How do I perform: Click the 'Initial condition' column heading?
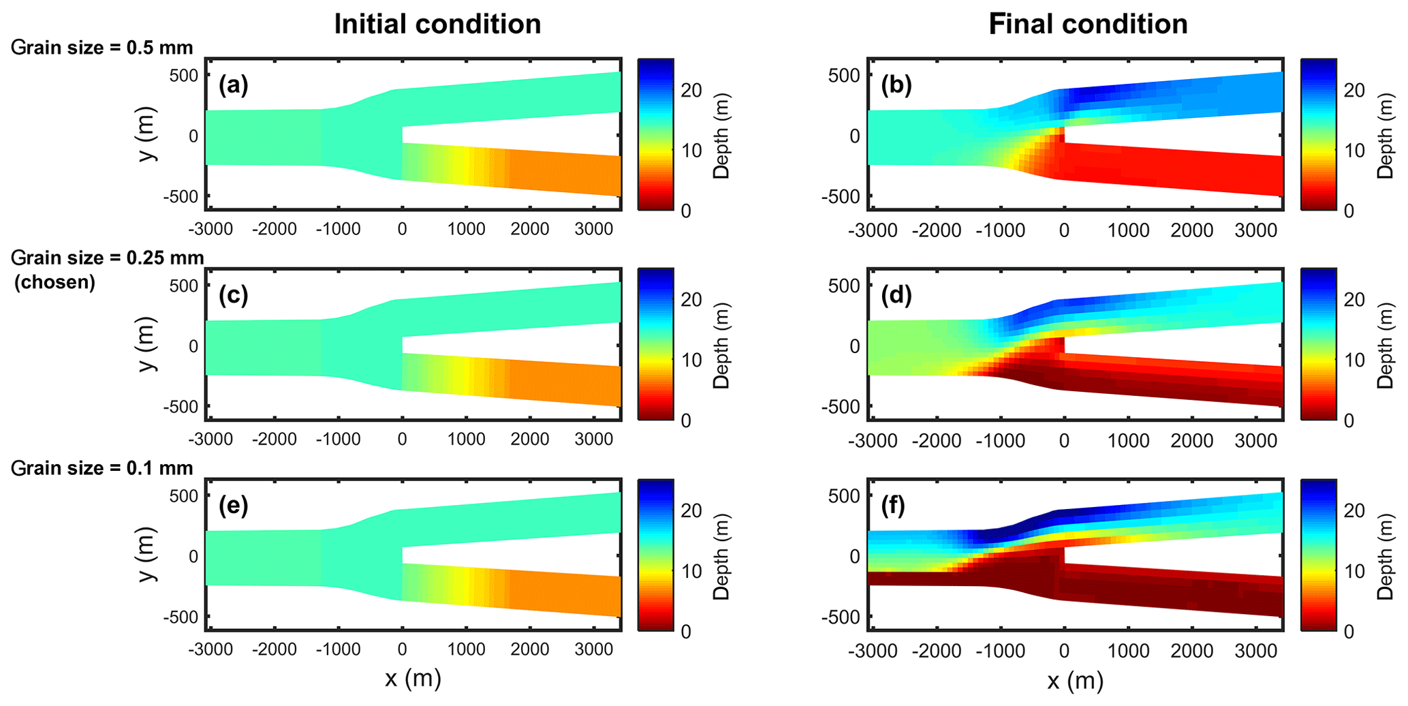[x=437, y=25]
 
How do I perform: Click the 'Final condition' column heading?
[x=1088, y=25]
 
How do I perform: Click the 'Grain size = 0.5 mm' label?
[x=102, y=48]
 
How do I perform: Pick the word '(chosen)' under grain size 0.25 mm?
[x=54, y=281]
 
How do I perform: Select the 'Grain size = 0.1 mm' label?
[x=102, y=468]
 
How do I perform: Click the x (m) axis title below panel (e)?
[x=413, y=679]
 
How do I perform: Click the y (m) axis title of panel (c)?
[x=147, y=345]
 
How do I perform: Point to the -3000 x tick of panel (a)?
[x=210, y=229]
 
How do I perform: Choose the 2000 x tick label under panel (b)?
[x=1192, y=230]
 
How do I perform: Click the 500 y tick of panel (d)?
[x=845, y=285]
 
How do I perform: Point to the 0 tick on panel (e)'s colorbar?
[x=686, y=631]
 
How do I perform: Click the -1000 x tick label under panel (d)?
[x=1000, y=440]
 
